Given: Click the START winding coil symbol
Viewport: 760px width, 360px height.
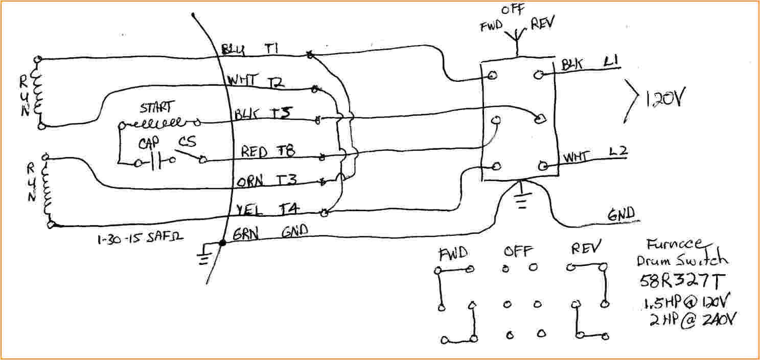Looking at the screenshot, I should [159, 123].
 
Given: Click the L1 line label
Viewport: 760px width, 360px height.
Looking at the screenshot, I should [611, 63].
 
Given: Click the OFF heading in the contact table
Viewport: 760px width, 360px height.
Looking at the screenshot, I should [518, 252].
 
